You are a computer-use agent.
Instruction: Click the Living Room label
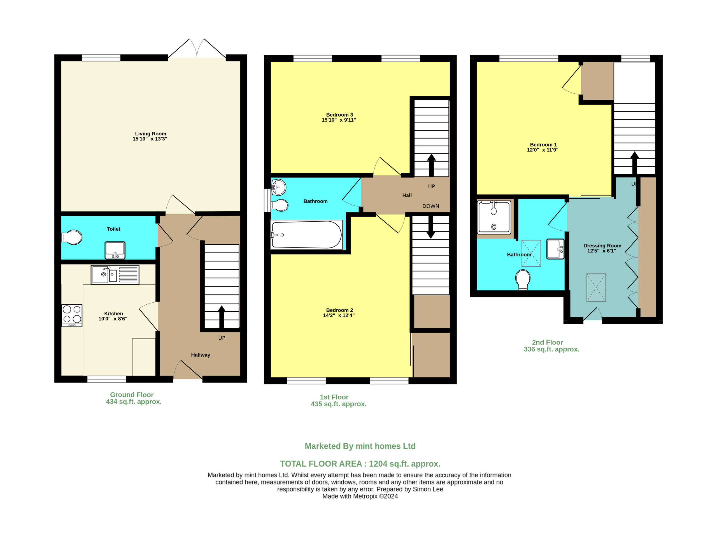(151, 134)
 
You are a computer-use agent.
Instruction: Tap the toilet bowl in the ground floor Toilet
(72, 237)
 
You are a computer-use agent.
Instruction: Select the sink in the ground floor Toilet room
(115, 250)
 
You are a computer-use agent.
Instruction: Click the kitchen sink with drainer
(115, 275)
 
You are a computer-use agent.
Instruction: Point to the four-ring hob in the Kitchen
(72, 315)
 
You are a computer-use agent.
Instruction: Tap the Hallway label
(201, 355)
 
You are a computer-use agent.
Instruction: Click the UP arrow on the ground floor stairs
(222, 317)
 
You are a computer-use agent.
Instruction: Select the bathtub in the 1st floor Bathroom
(306, 235)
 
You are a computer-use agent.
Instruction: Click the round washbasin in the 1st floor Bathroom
(279, 187)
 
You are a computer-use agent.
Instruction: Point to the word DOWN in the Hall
(431, 206)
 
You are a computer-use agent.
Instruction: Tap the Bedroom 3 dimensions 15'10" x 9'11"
(339, 120)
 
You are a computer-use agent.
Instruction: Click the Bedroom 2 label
(339, 310)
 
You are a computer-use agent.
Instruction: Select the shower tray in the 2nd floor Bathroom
(494, 217)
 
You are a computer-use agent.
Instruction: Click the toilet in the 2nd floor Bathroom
(523, 279)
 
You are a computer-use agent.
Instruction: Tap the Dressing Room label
(602, 245)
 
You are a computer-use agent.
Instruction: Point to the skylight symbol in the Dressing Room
(596, 287)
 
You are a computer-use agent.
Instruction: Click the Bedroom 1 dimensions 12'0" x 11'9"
(543, 150)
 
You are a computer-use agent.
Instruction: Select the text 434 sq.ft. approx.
(134, 402)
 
